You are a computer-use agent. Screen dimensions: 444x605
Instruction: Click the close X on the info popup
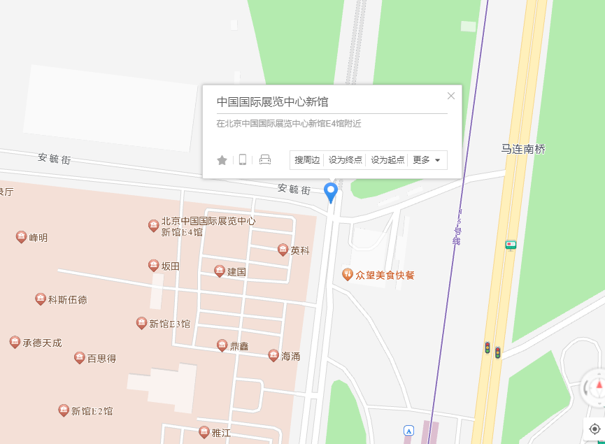click(451, 96)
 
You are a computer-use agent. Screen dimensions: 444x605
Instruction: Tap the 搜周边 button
click(307, 160)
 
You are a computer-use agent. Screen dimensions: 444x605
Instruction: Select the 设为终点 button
click(346, 160)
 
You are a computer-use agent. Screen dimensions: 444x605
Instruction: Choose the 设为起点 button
click(387, 160)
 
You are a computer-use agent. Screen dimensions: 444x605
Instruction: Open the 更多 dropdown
click(427, 160)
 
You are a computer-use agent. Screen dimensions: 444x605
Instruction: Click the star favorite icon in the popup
click(222, 160)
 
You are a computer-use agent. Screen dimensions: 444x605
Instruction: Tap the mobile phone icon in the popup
click(243, 160)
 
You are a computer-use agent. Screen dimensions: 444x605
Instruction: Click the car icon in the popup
click(265, 160)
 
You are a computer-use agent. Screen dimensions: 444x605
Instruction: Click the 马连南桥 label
click(523, 149)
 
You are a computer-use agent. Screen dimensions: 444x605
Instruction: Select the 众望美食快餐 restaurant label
click(385, 275)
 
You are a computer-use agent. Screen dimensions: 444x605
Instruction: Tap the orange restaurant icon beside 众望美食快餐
click(347, 274)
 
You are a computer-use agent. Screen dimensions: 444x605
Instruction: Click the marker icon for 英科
click(283, 250)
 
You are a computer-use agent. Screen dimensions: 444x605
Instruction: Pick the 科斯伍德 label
click(67, 300)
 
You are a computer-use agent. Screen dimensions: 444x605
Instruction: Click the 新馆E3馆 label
click(169, 324)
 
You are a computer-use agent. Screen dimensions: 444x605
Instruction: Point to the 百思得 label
click(101, 359)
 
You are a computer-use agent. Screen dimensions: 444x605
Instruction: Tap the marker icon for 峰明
click(21, 237)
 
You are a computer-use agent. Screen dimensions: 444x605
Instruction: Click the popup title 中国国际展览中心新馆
click(272, 101)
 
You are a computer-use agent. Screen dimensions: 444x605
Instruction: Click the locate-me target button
click(595, 429)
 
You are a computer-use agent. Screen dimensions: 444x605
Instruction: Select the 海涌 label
click(290, 357)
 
